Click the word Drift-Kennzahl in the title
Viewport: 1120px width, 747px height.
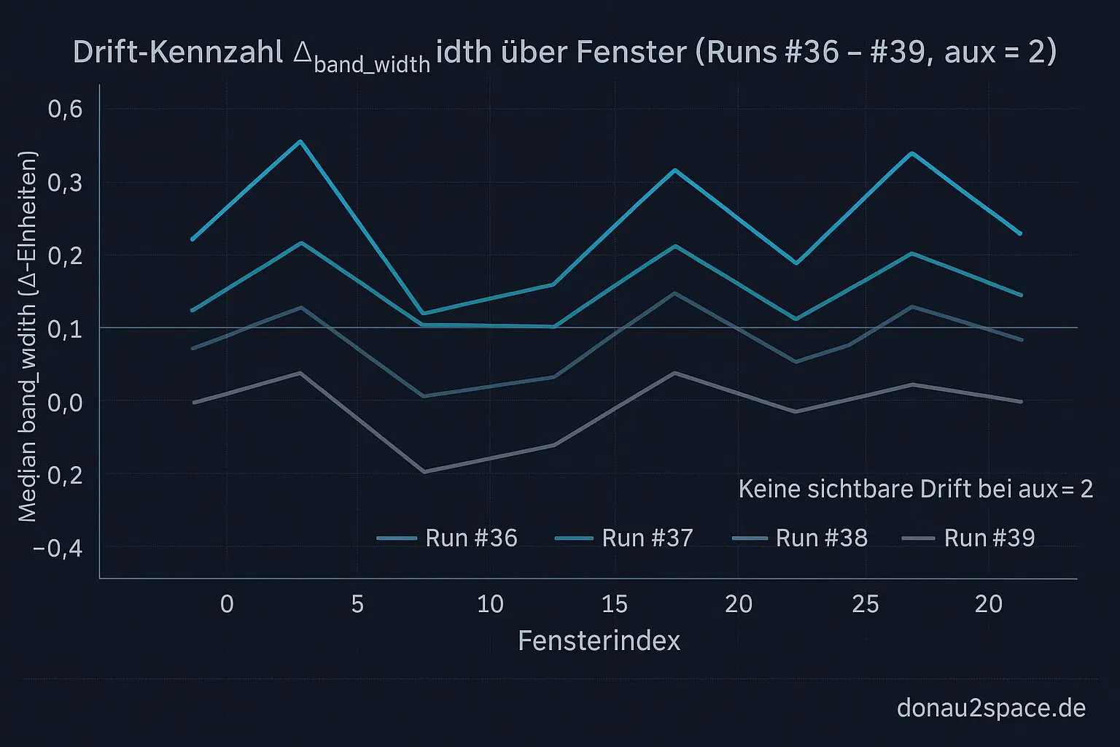click(x=178, y=53)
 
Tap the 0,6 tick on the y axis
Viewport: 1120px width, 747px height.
click(x=65, y=109)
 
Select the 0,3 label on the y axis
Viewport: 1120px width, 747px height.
click(x=65, y=182)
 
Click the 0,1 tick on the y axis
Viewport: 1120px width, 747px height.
click(x=65, y=329)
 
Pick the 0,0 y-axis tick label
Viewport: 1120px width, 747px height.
click(x=65, y=402)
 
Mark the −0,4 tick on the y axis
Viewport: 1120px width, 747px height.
click(x=58, y=548)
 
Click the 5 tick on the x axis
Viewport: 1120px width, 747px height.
click(x=357, y=604)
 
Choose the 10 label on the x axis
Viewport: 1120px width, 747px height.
click(x=490, y=604)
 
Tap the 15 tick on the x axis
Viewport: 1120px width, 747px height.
click(x=615, y=604)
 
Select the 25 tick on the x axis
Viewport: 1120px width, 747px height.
click(x=866, y=604)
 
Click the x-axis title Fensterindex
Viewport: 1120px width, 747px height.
click(x=599, y=641)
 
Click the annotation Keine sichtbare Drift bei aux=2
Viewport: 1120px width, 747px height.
click(x=915, y=489)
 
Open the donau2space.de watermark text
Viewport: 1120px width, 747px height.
click(x=991, y=708)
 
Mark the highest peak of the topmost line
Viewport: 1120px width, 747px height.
click(x=300, y=141)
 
